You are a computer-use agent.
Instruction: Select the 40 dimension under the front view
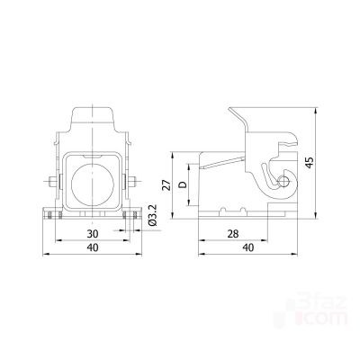pos(94,249)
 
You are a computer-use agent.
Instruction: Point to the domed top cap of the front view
pos(94,120)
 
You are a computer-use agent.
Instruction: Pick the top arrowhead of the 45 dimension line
pos(316,110)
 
